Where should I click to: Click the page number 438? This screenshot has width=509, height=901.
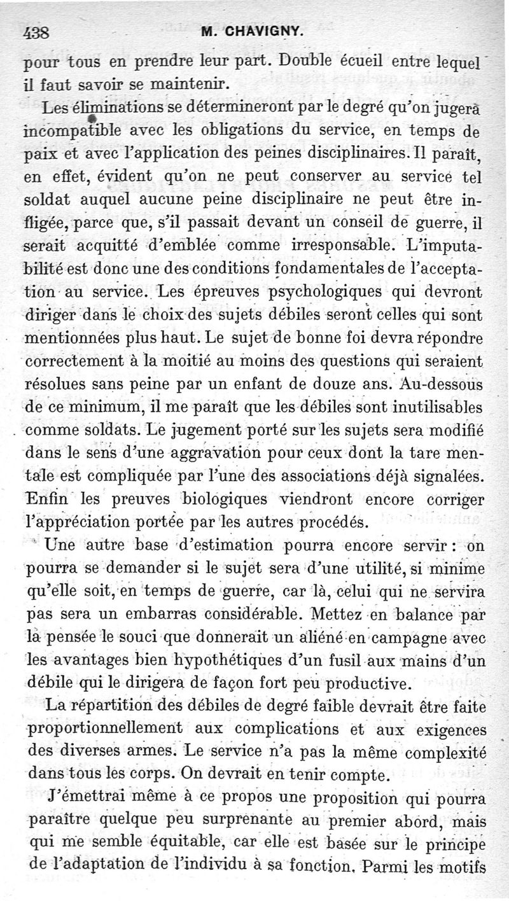pyautogui.click(x=40, y=32)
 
